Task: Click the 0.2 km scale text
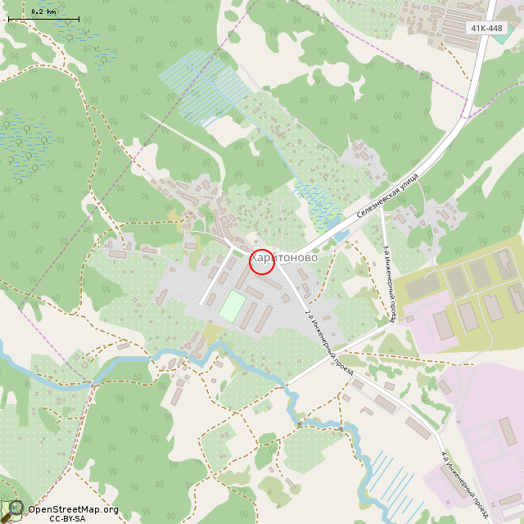click(x=43, y=11)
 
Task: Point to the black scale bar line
click(x=43, y=19)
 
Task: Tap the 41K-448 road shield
click(x=486, y=28)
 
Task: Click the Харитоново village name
click(x=284, y=257)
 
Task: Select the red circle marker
click(x=261, y=261)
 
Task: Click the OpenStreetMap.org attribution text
click(x=73, y=509)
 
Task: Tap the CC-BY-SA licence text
click(x=67, y=518)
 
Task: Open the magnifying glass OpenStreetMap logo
click(x=12, y=511)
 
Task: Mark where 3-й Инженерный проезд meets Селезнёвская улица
click(x=382, y=206)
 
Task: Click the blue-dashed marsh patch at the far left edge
click(x=25, y=143)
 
